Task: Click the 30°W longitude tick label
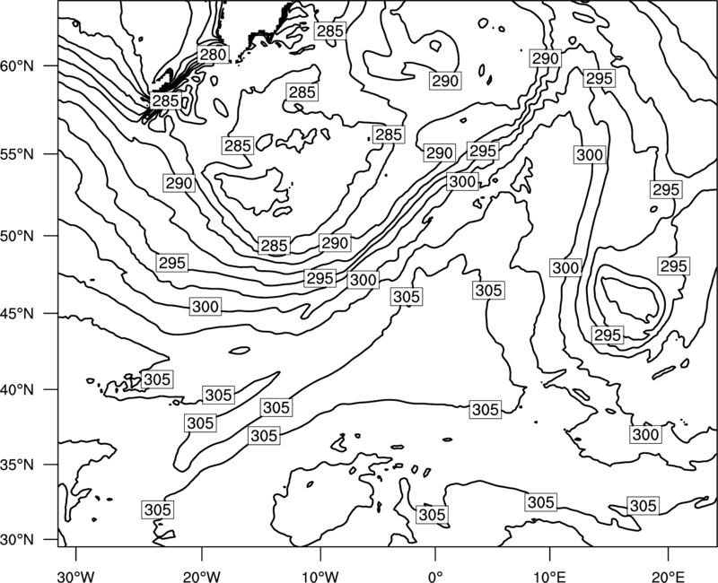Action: [x=76, y=576]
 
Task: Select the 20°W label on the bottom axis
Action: [x=201, y=576]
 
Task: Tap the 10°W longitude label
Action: [x=320, y=576]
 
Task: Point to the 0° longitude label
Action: [x=435, y=576]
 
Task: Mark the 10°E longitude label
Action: [x=549, y=576]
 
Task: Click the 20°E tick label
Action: [x=669, y=576]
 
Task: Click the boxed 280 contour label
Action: [x=213, y=55]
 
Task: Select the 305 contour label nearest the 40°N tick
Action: [x=157, y=379]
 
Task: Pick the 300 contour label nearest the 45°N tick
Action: [x=206, y=306]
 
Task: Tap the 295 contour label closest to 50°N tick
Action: [x=172, y=263]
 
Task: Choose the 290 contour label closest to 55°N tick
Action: [x=179, y=183]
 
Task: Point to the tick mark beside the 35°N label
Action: [x=51, y=465]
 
